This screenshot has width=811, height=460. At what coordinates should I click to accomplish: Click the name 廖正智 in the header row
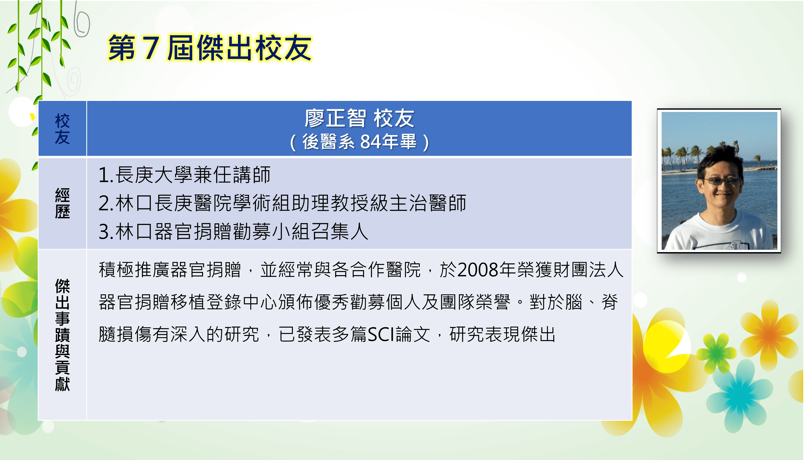pos(335,119)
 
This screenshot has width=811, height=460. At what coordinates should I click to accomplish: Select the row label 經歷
pos(62,203)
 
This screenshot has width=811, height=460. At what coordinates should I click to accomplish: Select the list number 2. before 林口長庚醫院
pos(106,203)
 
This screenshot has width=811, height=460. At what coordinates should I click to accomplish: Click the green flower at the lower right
pos(718,353)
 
